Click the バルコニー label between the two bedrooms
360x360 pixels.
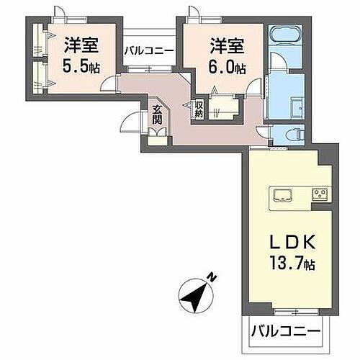148,51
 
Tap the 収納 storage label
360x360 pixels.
199,109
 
